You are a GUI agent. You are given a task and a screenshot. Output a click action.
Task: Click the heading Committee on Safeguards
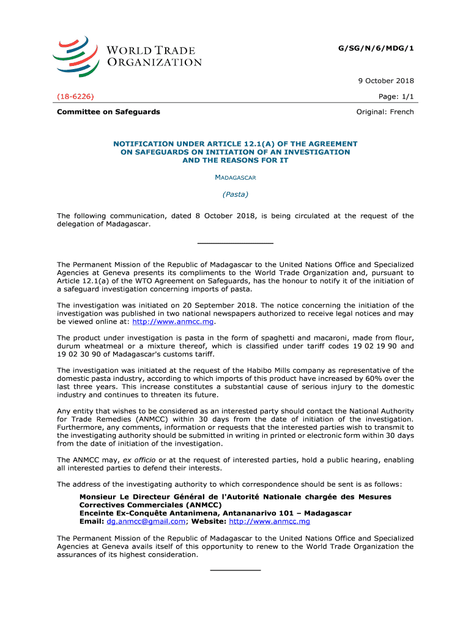click(108, 112)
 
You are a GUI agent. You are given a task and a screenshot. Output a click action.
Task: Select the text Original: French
click(385, 112)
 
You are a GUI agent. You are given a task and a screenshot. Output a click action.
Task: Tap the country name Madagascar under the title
click(236, 177)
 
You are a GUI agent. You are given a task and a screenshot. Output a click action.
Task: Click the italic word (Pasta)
click(236, 194)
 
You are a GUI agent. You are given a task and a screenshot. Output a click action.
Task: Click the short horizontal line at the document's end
click(236, 570)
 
